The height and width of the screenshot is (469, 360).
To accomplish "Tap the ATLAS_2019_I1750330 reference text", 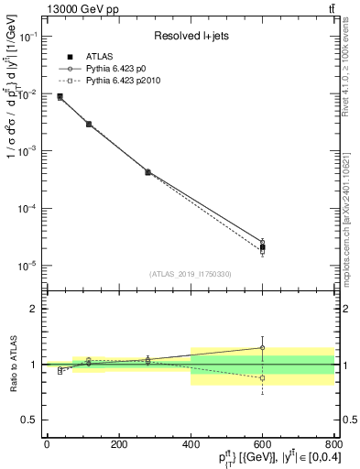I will [x=191, y=274].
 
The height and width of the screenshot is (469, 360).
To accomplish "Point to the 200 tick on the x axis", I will [x=118, y=444].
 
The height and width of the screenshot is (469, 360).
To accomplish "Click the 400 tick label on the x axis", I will [x=191, y=444].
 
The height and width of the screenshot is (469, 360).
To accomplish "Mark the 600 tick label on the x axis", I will [x=263, y=444].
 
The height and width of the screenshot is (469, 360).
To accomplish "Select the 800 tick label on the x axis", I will [x=334, y=444].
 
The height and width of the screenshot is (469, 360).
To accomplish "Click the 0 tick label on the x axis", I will [x=47, y=444].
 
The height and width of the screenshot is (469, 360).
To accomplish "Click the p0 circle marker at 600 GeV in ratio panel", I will [x=263, y=348].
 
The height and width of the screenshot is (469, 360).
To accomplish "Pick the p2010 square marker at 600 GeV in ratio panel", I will [x=263, y=378].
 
